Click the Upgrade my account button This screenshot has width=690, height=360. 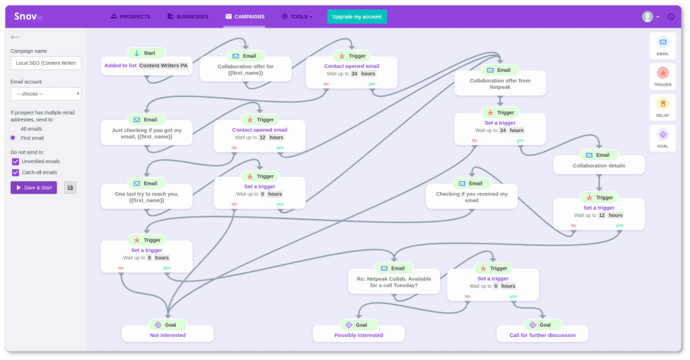click(356, 17)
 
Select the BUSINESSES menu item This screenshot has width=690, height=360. click(188, 16)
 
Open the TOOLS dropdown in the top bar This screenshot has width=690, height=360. click(297, 16)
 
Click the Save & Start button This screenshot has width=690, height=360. click(34, 187)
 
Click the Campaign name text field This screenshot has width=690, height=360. click(46, 63)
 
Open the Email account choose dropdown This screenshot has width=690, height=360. click(46, 94)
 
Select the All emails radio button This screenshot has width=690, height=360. click(13, 128)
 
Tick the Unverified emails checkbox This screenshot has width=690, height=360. click(15, 162)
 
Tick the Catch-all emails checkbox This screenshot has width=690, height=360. click(15, 173)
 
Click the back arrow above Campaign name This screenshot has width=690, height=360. click(15, 37)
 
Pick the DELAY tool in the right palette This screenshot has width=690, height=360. click(662, 107)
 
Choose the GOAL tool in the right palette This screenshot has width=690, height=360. click(662, 138)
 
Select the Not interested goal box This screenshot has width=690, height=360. click(168, 334)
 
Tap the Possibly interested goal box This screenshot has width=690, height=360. click(358, 334)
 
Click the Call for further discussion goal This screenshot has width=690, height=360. click(542, 334)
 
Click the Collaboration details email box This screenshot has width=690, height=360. click(598, 165)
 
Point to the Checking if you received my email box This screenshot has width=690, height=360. click(472, 196)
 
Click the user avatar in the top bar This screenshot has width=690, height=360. click(648, 17)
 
